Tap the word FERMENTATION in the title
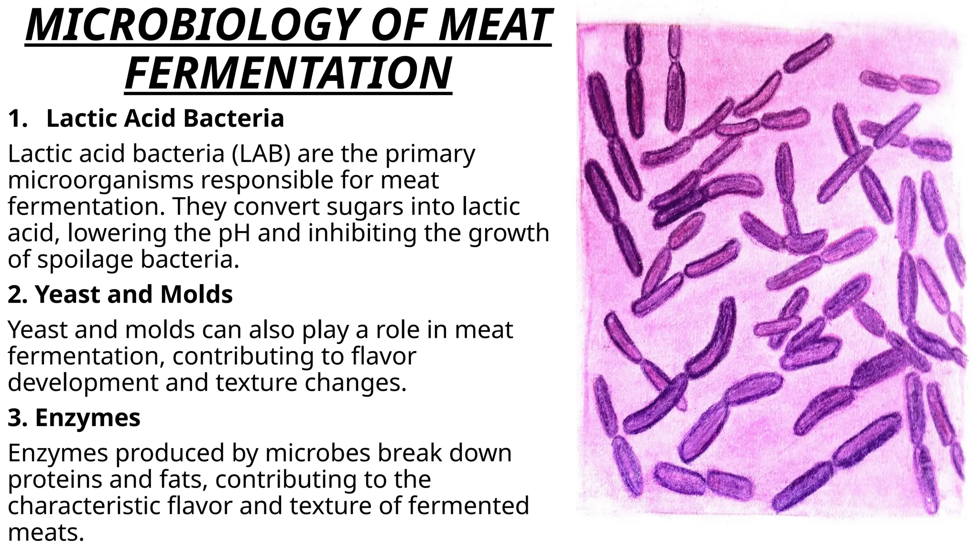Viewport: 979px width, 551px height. point(288,73)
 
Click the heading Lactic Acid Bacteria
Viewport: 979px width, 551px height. point(165,119)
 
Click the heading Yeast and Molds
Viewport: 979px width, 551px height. point(134,294)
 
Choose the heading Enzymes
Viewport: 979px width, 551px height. point(87,418)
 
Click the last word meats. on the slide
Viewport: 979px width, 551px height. point(46,532)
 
